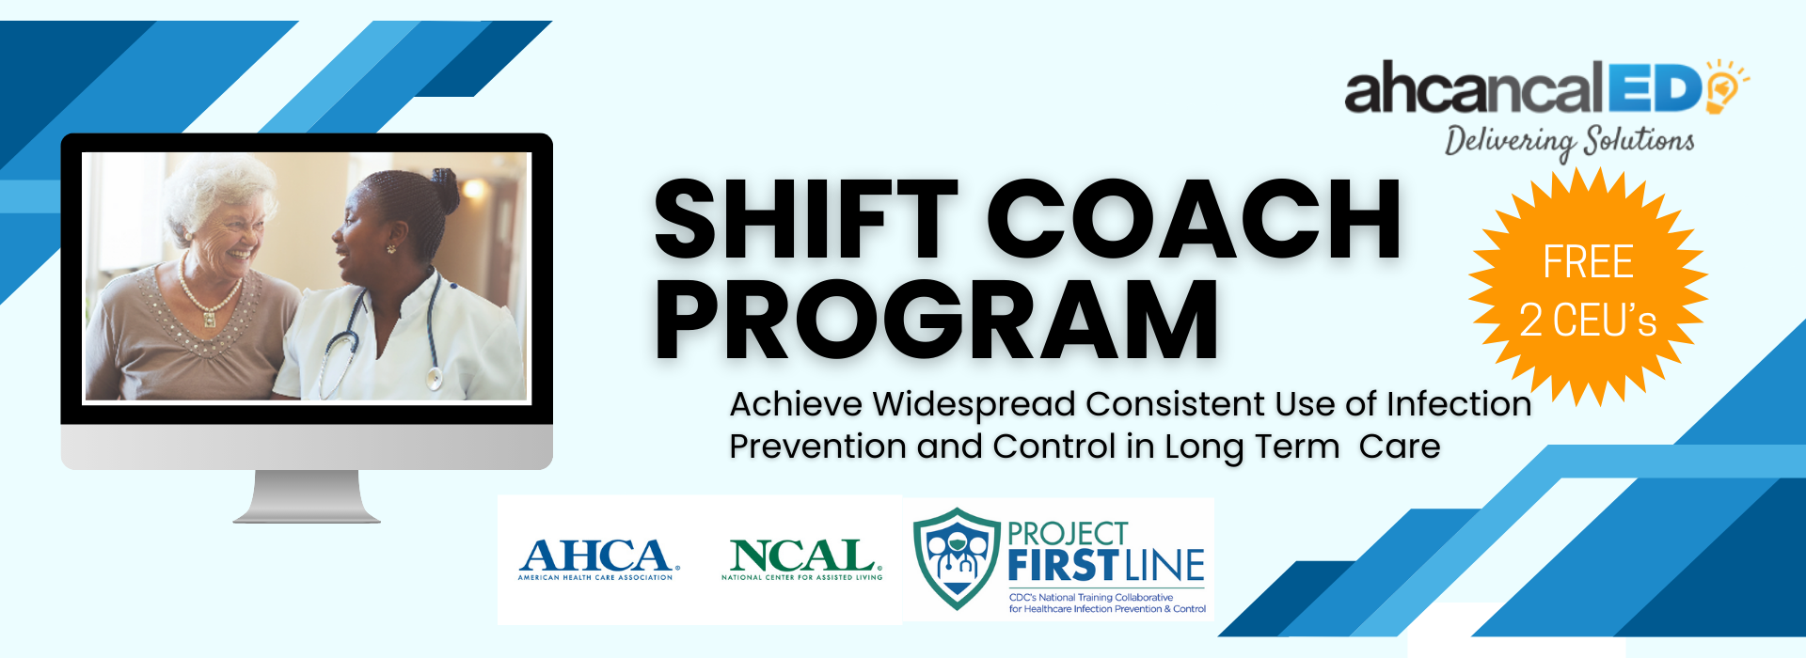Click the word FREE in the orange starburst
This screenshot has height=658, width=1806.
1588,261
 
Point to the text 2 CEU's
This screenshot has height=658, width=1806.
1588,321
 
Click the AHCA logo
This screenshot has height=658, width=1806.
596,559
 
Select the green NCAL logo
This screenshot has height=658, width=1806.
802,559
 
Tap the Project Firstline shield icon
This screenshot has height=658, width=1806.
957,558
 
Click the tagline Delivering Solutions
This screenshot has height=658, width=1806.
1569,141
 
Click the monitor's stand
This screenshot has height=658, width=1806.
308,496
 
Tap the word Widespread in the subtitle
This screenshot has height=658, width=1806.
974,405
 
